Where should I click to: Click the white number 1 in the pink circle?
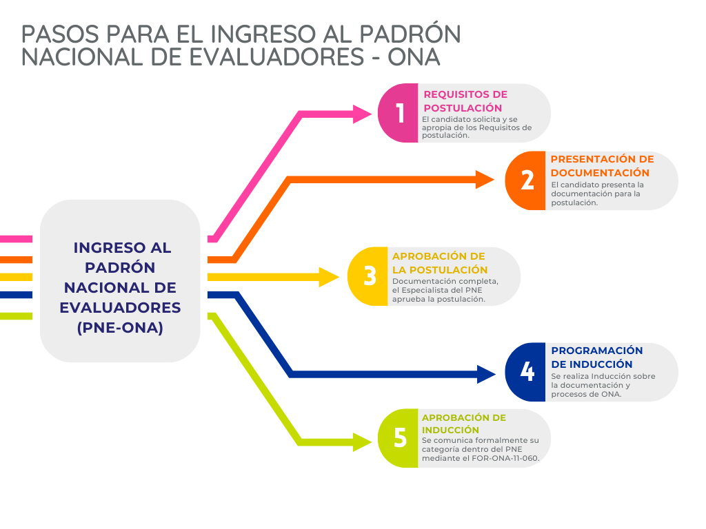click(401, 113)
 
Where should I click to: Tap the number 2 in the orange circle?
click(527, 180)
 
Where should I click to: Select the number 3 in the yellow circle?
click(370, 276)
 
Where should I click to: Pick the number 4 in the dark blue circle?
click(527, 371)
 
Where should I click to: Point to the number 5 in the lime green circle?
click(401, 437)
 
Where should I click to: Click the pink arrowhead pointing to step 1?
click(363, 114)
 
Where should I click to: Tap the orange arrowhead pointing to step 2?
click(485, 180)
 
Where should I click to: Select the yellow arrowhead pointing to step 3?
click(329, 277)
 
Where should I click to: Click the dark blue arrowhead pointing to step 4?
click(486, 374)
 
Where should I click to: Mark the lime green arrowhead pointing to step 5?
click(363, 442)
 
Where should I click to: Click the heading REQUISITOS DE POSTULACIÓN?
click(465, 101)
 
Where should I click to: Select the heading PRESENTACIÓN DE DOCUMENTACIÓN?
click(602, 166)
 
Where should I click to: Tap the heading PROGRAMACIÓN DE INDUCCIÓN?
click(596, 357)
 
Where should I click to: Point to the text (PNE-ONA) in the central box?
click(120, 328)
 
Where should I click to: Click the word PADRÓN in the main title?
click(410, 34)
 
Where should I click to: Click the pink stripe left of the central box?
click(17, 239)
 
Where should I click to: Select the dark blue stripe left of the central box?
click(17, 295)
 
